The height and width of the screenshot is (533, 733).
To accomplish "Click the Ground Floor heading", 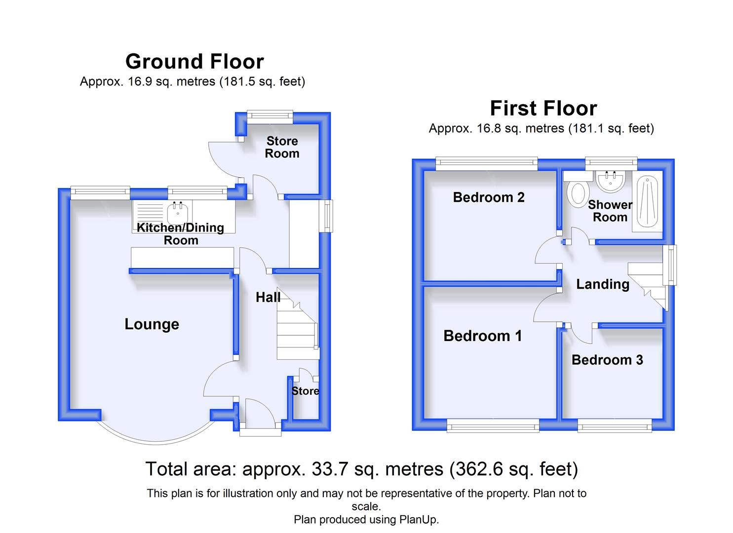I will [x=194, y=62].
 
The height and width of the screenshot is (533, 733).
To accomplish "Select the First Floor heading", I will [x=543, y=108].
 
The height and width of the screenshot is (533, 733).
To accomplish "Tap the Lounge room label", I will [x=152, y=324].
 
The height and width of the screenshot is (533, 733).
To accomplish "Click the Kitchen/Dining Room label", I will [x=180, y=233].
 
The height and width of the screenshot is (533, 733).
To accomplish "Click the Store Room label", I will [x=282, y=147].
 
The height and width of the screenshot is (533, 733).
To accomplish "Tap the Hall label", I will [x=268, y=297].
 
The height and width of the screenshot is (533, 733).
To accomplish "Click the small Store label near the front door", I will [x=305, y=391].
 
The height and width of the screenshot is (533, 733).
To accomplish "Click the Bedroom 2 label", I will [x=488, y=197].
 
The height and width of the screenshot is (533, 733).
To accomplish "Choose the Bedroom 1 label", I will [x=482, y=336].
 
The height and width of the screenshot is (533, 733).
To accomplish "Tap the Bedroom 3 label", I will [x=607, y=360].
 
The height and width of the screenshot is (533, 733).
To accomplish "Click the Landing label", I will [x=603, y=284].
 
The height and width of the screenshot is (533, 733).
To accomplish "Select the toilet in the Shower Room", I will [x=578, y=193].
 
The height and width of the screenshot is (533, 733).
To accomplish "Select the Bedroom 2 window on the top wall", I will [x=486, y=163].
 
